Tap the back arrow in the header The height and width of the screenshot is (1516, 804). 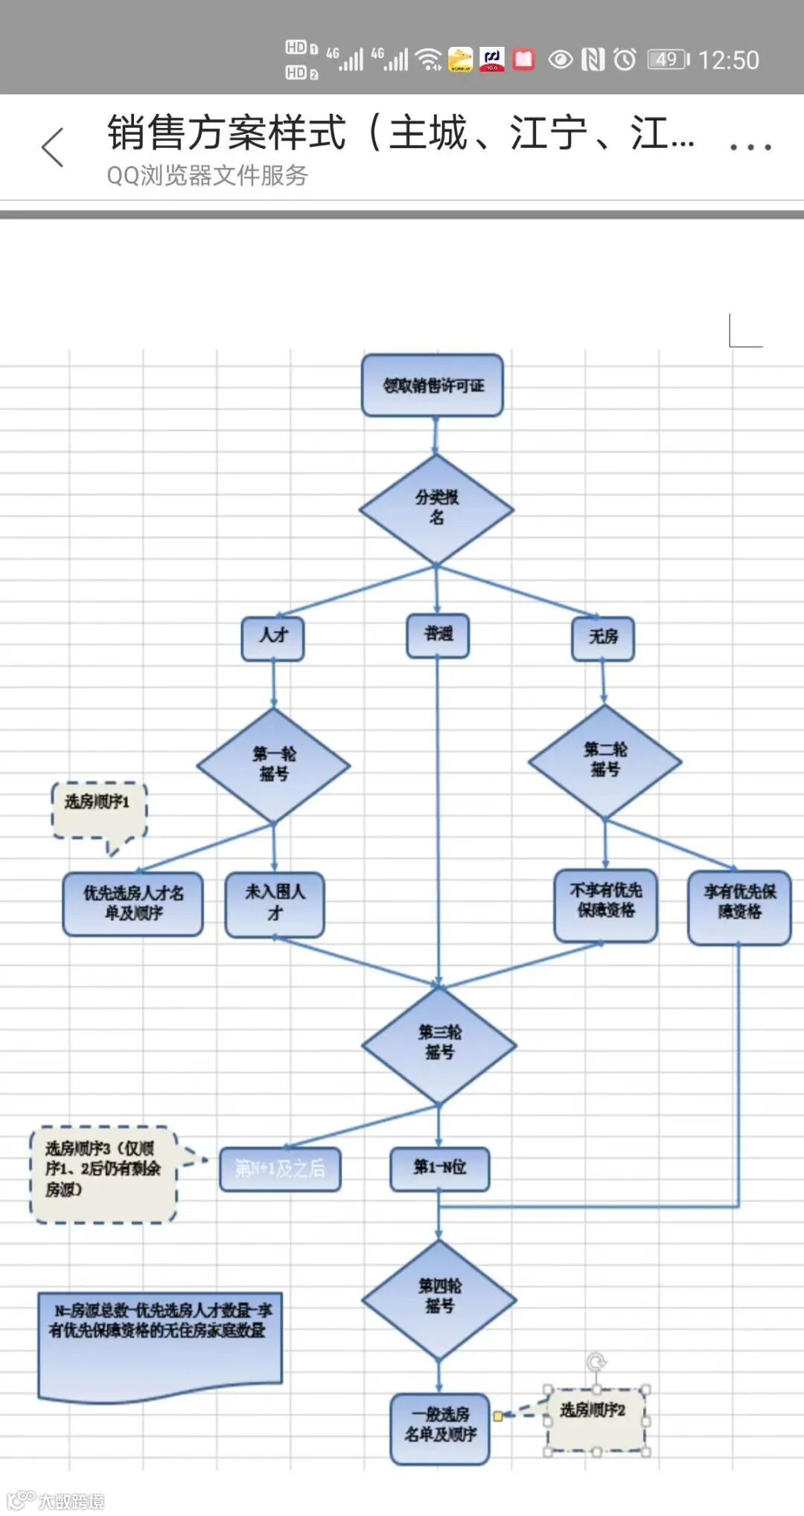(53, 147)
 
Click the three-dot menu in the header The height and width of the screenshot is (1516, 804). (750, 147)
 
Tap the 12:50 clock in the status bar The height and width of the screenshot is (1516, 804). (728, 60)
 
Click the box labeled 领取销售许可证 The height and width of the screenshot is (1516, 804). (433, 385)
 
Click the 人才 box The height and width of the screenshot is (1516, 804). (273, 637)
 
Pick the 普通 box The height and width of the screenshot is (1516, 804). (438, 635)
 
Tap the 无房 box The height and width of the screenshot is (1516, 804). (603, 637)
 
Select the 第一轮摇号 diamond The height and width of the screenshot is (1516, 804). (273, 765)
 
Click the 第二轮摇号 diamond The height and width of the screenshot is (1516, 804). (604, 761)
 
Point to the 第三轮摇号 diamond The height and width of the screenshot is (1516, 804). (439, 1044)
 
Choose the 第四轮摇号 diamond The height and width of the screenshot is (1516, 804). (439, 1298)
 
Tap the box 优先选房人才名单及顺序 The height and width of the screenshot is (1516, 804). (133, 904)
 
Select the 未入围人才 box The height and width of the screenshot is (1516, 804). (275, 904)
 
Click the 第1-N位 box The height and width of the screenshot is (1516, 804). (440, 1169)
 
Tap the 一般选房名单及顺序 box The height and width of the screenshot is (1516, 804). (440, 1428)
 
